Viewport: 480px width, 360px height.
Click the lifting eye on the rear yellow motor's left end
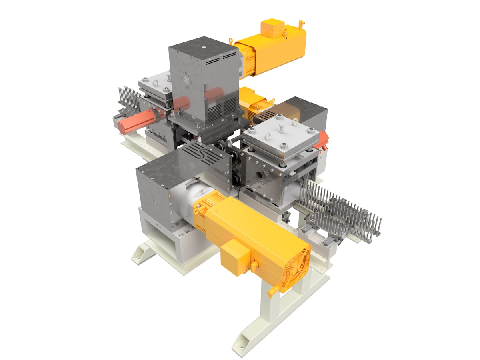click(x=231, y=40)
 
